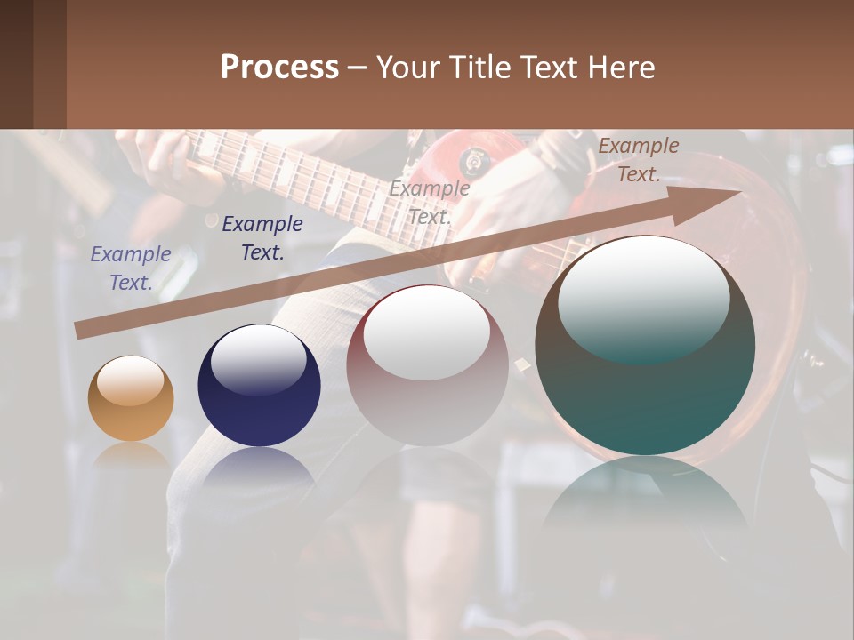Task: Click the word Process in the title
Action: click(279, 68)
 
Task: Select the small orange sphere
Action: click(131, 398)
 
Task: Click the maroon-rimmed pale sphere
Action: click(427, 366)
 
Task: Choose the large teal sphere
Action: click(645, 347)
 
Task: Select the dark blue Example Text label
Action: click(262, 238)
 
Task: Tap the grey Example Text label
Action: click(430, 202)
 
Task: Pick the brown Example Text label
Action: click(638, 160)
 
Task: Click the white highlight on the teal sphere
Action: click(643, 298)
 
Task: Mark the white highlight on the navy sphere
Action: click(258, 360)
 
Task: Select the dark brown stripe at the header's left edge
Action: click(17, 64)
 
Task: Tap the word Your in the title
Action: click(408, 68)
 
